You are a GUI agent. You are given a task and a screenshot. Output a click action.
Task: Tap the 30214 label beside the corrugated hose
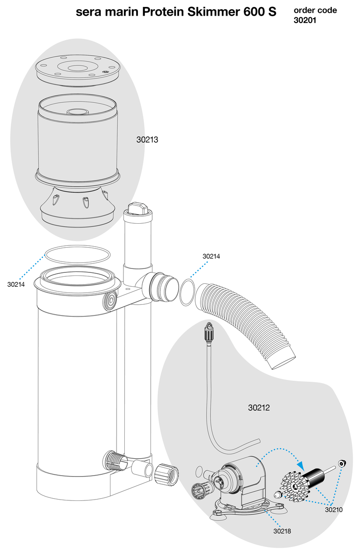click(x=211, y=256)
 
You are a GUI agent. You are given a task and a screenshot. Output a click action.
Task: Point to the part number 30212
click(x=259, y=408)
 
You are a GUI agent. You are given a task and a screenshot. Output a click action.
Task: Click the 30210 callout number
click(x=333, y=510)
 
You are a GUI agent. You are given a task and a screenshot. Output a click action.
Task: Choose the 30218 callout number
click(x=282, y=530)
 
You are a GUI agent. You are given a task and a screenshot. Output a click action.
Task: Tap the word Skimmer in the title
click(x=212, y=12)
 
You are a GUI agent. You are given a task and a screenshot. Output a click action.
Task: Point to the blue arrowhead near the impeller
click(x=300, y=465)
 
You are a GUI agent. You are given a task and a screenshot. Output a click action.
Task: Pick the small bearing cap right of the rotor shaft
click(x=342, y=464)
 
